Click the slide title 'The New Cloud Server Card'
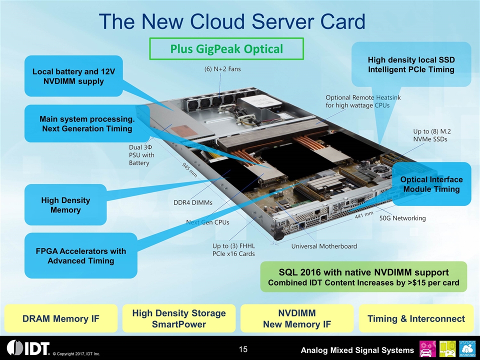(x=232, y=21)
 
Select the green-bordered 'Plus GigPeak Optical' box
(x=226, y=49)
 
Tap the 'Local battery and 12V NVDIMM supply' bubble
(x=73, y=76)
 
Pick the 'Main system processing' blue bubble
(x=86, y=123)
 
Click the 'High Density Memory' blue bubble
(x=65, y=205)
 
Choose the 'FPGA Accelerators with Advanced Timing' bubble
(x=80, y=255)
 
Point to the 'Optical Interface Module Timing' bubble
(x=432, y=184)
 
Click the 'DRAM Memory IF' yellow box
(x=61, y=318)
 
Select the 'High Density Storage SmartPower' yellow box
(x=179, y=318)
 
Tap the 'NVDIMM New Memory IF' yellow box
(x=297, y=318)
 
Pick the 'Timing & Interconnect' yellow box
(x=416, y=318)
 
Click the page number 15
(x=243, y=348)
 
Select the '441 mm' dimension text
(x=364, y=215)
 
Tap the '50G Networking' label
(x=402, y=218)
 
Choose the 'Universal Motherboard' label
(x=324, y=246)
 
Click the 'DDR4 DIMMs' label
(x=192, y=202)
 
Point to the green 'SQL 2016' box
(x=363, y=277)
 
